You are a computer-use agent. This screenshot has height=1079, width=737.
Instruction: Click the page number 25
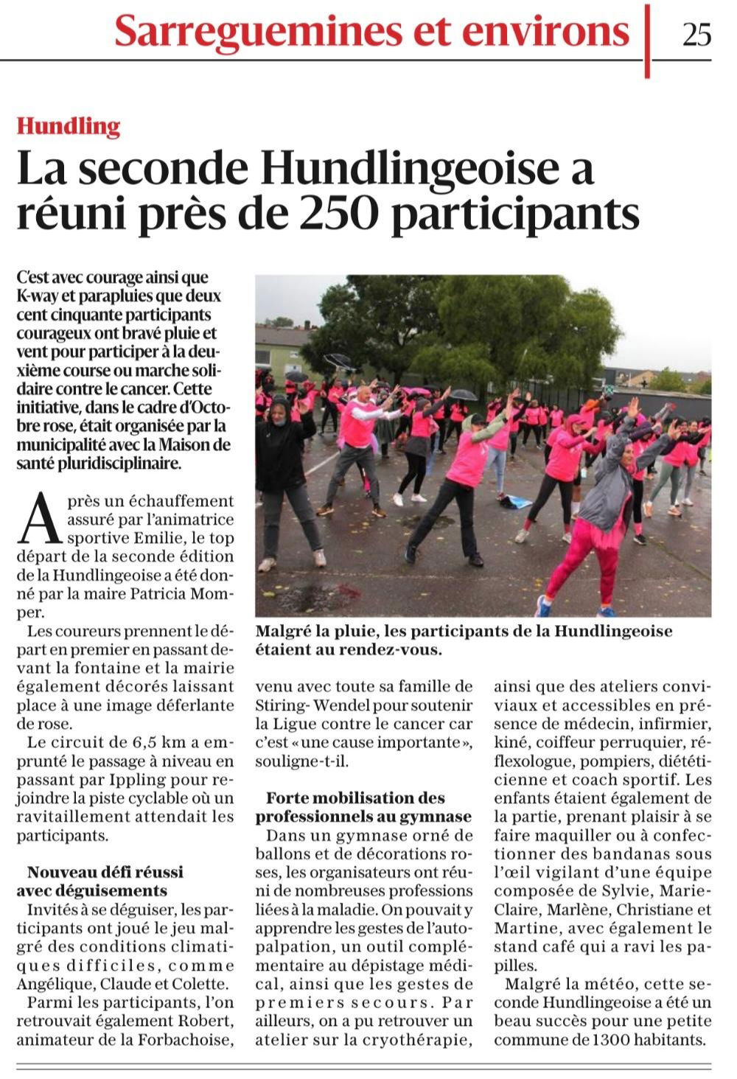pos(696,34)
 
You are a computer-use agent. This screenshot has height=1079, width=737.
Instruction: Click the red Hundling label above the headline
pos(69,127)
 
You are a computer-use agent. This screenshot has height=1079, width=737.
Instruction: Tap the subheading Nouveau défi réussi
pos(99,872)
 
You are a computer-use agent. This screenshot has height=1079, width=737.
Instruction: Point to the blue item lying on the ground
pos(515,502)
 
